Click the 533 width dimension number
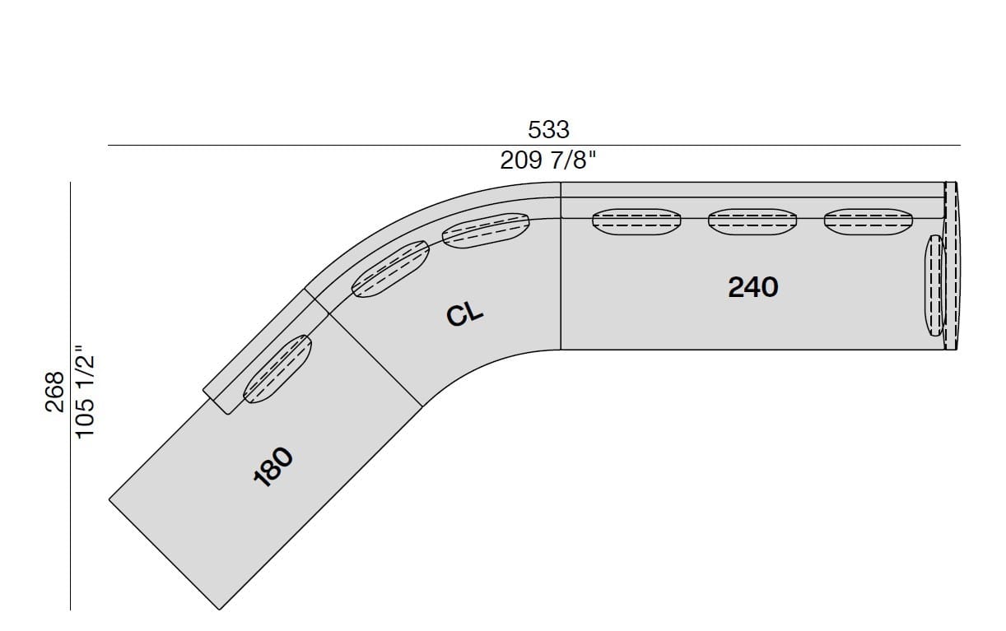[548, 130]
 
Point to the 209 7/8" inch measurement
[548, 160]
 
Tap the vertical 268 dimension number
[55, 392]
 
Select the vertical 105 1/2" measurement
[85, 392]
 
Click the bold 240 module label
[753, 287]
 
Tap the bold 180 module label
[273, 466]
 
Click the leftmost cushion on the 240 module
[637, 221]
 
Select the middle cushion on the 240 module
[752, 221]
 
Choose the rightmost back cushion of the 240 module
[869, 221]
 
